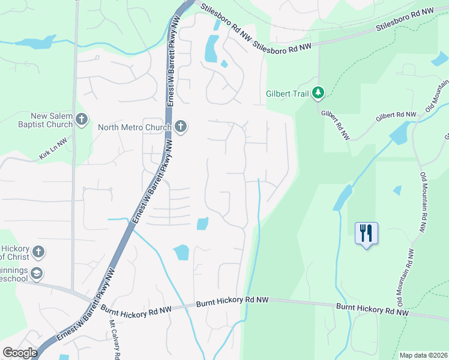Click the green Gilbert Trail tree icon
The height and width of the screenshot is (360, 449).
pyautogui.click(x=318, y=93)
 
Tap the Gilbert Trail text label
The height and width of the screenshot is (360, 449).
pyautogui.click(x=288, y=94)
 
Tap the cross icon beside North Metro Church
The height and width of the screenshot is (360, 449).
pyautogui.click(x=181, y=127)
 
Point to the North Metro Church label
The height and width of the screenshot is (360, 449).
pyautogui.click(x=135, y=127)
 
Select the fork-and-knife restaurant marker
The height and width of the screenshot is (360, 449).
pyautogui.click(x=366, y=233)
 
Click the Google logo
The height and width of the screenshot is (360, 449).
pyautogui.click(x=20, y=352)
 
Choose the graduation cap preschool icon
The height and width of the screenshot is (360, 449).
pyautogui.click(x=37, y=274)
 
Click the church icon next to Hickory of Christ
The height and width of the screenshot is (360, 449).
pyautogui.click(x=38, y=251)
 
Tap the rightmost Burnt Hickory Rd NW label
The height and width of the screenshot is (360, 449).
pyautogui.click(x=372, y=309)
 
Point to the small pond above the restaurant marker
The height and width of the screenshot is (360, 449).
pyautogui.click(x=397, y=190)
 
